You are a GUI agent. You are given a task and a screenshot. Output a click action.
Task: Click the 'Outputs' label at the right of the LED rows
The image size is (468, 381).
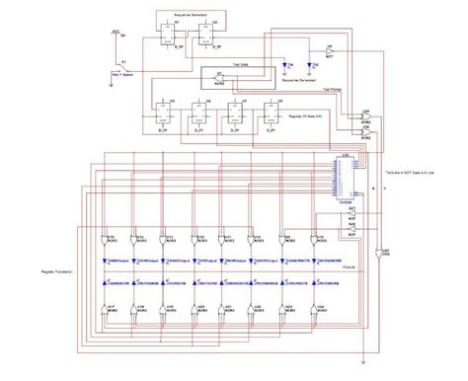(x=350, y=267)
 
